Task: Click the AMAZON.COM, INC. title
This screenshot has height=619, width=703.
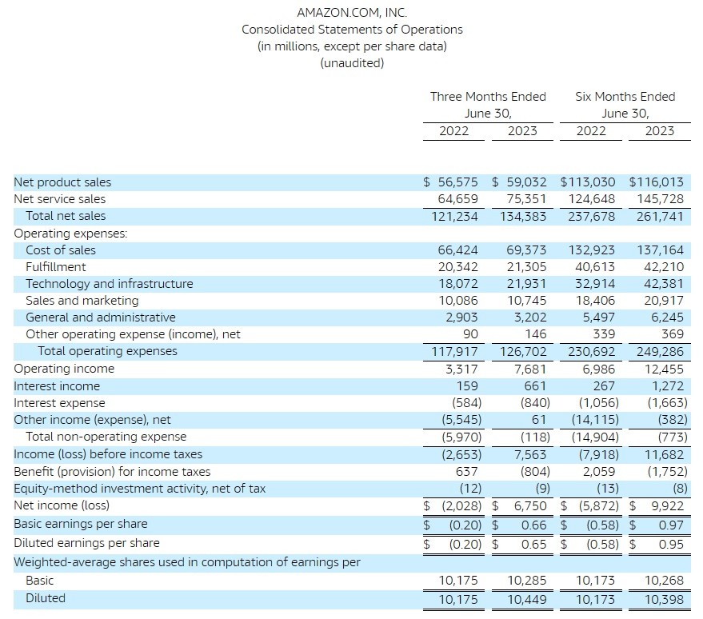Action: [x=352, y=13]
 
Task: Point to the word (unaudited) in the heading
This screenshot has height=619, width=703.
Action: [x=352, y=62]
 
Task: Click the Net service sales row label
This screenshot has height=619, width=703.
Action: [x=60, y=199]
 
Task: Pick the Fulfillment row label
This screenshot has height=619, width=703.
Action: [x=56, y=267]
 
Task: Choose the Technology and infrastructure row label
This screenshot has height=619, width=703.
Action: [x=110, y=284]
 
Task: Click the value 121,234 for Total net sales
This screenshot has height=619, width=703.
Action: [x=454, y=217]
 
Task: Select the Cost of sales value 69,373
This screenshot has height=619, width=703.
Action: [x=526, y=250]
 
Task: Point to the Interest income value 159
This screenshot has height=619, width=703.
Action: [x=467, y=386]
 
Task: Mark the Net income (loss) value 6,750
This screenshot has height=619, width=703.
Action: [x=530, y=506]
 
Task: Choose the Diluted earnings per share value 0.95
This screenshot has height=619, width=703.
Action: [x=671, y=545]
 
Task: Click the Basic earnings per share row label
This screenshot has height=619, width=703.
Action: [x=81, y=524]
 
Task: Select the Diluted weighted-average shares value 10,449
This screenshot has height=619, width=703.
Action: [x=526, y=600]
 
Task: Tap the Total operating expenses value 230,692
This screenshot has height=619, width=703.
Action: [x=591, y=352]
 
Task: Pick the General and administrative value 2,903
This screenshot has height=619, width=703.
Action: [x=461, y=317]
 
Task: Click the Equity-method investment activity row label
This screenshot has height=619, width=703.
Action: [x=139, y=489]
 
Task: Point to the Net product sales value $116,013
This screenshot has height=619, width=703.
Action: [x=657, y=182]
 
